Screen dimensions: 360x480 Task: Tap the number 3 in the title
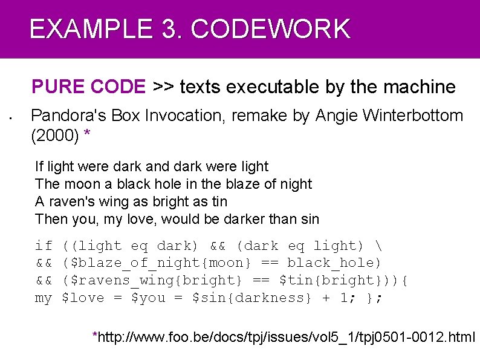point(166,29)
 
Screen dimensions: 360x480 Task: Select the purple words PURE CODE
point(88,87)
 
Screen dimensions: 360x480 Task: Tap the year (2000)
point(55,137)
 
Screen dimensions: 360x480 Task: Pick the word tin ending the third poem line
point(218,201)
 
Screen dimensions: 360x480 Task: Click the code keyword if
point(44,246)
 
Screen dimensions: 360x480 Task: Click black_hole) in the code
point(334,263)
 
